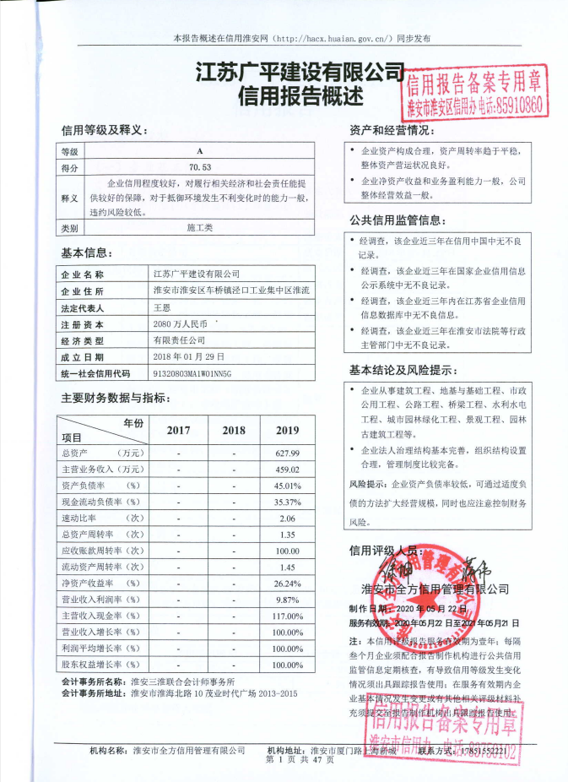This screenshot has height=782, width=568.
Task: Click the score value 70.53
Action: click(x=200, y=168)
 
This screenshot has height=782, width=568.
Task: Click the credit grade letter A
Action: click(x=200, y=152)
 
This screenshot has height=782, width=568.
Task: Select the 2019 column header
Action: click(x=287, y=430)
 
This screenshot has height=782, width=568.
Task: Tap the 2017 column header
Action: click(x=178, y=430)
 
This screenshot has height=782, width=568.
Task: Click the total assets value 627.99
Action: click(x=287, y=453)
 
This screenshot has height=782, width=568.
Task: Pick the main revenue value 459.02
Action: click(x=287, y=470)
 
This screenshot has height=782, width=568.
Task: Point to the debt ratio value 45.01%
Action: click(x=287, y=486)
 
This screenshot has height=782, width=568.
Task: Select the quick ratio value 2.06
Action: click(x=287, y=518)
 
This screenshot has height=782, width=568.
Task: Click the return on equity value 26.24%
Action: click(x=287, y=584)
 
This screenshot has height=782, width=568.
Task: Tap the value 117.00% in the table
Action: click(x=287, y=616)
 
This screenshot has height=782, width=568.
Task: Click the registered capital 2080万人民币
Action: click(x=180, y=323)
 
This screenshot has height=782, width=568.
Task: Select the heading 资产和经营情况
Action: click(x=392, y=131)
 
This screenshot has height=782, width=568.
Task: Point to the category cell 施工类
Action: click(x=200, y=228)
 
